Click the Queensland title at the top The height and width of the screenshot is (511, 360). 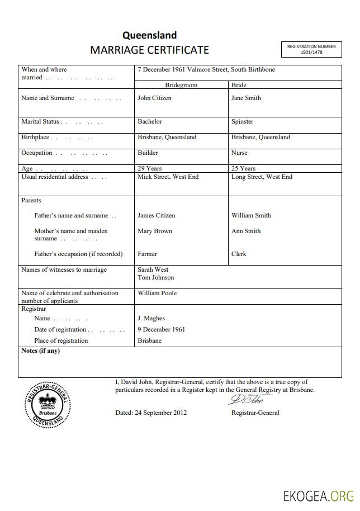[x=149, y=35]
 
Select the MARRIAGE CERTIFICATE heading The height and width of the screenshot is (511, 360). [x=149, y=50]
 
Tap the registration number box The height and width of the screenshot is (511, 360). [x=311, y=49]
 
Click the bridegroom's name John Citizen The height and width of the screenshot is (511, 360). [x=154, y=98]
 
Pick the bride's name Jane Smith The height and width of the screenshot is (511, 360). [x=246, y=98]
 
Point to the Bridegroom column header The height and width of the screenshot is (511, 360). [x=181, y=85]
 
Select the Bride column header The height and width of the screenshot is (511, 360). [x=239, y=85]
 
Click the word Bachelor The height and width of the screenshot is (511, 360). [x=150, y=121]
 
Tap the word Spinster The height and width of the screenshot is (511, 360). [x=242, y=121]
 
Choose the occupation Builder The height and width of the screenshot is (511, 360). [x=148, y=153]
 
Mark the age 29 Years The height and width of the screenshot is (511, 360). [x=149, y=168]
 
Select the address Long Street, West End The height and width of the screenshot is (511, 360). [x=262, y=177]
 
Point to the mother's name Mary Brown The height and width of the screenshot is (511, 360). [x=155, y=231]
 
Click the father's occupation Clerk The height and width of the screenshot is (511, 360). [x=239, y=254]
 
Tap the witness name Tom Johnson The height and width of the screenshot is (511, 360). [x=155, y=277]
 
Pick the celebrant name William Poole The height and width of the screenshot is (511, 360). [x=157, y=293]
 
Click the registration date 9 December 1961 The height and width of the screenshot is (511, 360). [x=161, y=329]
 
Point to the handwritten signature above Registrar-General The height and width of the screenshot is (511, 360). [x=249, y=400]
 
